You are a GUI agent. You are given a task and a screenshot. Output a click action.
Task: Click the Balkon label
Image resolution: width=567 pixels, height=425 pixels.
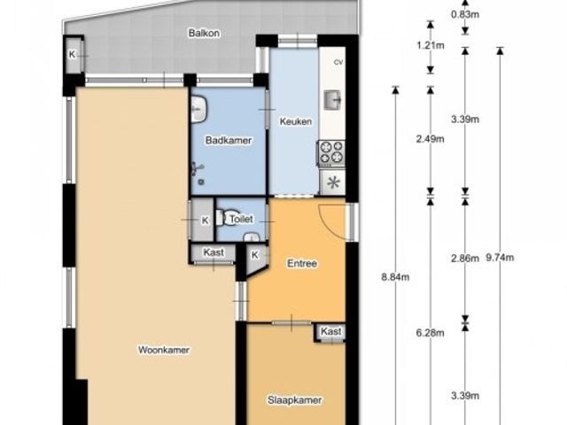coord(204,34)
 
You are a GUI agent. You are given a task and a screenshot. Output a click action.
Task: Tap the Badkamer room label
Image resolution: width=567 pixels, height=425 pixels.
coord(229,140)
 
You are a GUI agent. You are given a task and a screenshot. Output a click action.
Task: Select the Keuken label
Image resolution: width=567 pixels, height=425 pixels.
coord(296,121)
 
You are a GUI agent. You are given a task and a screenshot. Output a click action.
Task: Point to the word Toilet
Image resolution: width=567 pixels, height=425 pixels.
coord(241,219)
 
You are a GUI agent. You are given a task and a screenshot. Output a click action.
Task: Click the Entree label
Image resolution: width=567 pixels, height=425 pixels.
coord(302,264)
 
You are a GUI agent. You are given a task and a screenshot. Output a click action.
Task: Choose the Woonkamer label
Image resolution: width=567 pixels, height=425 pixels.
coord(164,350)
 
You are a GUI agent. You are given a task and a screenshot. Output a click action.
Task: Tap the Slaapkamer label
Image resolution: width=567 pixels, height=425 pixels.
coord(295,400)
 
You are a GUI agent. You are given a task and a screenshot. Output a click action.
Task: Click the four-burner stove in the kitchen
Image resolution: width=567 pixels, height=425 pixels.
coord(331,153)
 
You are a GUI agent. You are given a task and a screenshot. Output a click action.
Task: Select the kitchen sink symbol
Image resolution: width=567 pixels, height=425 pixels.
coord(333,100)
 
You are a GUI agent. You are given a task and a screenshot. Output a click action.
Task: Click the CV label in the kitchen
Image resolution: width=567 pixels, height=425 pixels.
coord(338,62)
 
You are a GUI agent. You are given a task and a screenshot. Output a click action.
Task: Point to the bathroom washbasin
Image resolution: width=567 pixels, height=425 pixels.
coord(198,109)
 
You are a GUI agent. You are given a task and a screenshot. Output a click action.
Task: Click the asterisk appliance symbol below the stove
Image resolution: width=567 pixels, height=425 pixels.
coord(333,182)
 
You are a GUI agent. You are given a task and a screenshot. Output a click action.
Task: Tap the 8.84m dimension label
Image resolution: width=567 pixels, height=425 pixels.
coord(396,277)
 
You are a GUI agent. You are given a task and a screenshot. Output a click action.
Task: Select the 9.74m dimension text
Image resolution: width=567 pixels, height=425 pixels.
coord(500,258)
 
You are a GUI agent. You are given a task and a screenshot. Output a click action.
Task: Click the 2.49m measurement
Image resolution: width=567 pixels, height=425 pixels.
coord(431,139)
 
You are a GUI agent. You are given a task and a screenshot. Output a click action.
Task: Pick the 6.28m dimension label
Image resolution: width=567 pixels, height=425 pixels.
coord(431,333)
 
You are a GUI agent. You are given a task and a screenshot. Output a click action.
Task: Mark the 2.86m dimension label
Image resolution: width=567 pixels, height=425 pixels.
coord(465,259)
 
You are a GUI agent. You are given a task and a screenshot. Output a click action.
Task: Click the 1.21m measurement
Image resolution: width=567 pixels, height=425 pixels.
coord(431,46)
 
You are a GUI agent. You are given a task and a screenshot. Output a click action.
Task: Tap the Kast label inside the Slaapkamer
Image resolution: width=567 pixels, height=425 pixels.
coord(331,331)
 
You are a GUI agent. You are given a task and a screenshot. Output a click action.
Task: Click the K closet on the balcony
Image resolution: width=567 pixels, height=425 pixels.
coord(73,55)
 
